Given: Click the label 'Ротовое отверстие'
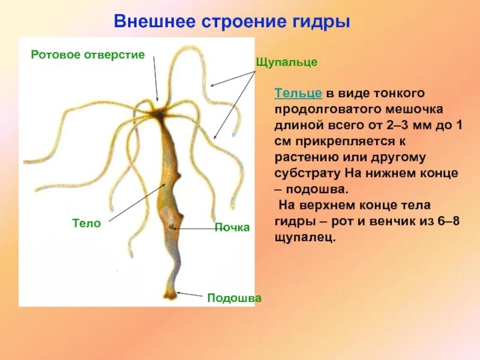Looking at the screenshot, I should pyautogui.click(x=88, y=55).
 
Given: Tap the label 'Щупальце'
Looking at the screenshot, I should pyautogui.click(x=286, y=62).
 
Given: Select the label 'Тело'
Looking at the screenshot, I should pyautogui.click(x=86, y=223).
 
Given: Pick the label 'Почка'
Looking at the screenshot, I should pyautogui.click(x=232, y=228).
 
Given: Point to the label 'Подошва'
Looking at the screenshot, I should pyautogui.click(x=234, y=298).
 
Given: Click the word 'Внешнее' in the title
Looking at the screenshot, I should pyautogui.click(x=153, y=23).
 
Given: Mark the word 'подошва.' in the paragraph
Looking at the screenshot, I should pyautogui.click(x=318, y=189).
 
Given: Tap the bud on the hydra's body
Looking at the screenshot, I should pyautogui.click(x=173, y=227).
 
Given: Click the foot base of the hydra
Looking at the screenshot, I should pyautogui.click(x=170, y=295).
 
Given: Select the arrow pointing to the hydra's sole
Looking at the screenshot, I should pyautogui.click(x=191, y=294).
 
